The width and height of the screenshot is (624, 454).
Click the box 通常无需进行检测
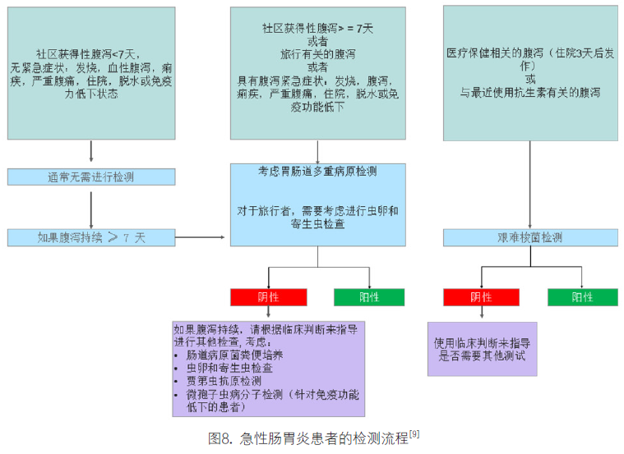(91, 177)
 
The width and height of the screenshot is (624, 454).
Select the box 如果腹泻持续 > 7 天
(91, 237)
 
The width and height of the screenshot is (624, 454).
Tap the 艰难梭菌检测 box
(529, 237)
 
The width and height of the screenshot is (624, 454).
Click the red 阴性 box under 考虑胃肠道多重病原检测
(268, 297)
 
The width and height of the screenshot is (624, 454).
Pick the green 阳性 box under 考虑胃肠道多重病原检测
(369, 297)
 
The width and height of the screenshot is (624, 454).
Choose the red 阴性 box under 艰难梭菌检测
(481, 297)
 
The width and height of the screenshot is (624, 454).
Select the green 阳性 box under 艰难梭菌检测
(582, 297)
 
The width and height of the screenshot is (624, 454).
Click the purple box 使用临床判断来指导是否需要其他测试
(482, 349)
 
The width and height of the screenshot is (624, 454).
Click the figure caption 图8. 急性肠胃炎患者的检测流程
(307, 438)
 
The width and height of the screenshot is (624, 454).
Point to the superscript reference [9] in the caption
(414, 433)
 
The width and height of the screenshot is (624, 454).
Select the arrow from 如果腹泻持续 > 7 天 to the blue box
(201, 237)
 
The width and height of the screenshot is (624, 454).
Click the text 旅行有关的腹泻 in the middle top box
(317, 53)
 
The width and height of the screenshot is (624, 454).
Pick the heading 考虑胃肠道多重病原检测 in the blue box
(317, 172)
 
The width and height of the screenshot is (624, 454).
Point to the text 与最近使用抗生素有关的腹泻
(529, 93)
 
